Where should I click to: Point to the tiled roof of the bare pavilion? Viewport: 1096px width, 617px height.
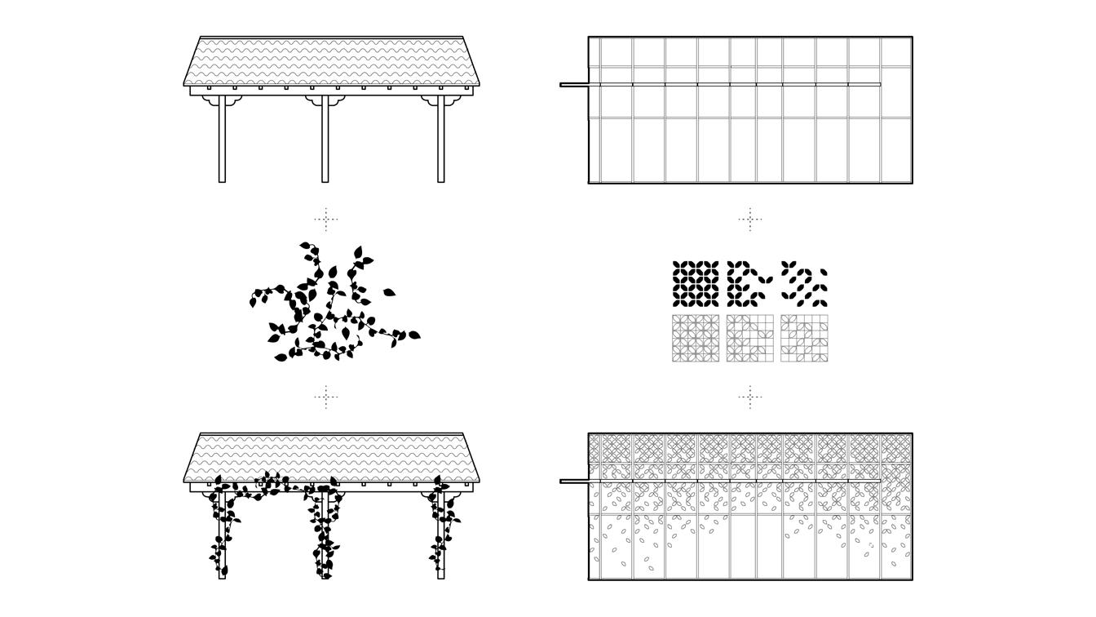coord(331,60)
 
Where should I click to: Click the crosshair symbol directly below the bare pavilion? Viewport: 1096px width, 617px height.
coord(326,219)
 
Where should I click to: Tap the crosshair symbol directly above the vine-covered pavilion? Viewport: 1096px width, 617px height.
coord(326,397)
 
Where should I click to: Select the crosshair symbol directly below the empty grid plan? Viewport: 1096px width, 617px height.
coord(750,219)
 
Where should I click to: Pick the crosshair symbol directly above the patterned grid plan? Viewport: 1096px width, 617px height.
coord(750,397)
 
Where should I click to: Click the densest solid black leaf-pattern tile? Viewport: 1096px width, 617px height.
coord(696,284)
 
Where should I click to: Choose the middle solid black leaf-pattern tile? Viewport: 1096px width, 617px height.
coord(750,284)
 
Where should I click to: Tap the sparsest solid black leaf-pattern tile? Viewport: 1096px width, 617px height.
coord(804,284)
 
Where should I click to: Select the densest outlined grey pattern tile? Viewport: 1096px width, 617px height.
coord(696,338)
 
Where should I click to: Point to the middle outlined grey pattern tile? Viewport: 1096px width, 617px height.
coord(750,338)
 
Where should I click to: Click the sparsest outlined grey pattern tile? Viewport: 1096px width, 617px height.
coord(804,338)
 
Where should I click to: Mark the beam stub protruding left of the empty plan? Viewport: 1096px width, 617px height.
coord(574,84)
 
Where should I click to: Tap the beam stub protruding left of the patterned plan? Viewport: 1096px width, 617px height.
coord(574,481)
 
